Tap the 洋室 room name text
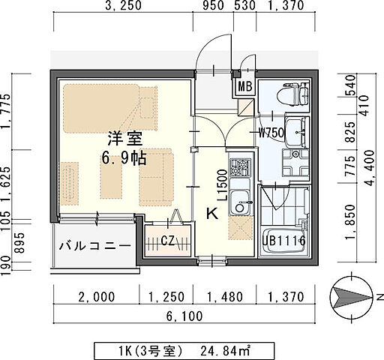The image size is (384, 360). pyautogui.click(x=119, y=139)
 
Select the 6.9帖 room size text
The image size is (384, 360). pyautogui.click(x=120, y=159)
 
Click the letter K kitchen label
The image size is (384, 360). pyautogui.click(x=211, y=213)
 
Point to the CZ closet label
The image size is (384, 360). pyautogui.click(x=169, y=241)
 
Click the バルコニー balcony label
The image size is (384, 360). pyautogui.click(x=94, y=245)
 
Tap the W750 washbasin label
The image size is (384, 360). pyautogui.click(x=271, y=134)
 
